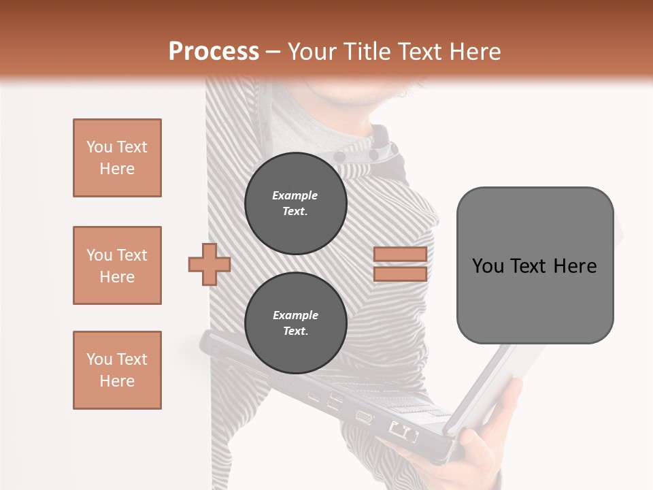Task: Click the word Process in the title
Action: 214,51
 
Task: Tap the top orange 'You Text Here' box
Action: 117,158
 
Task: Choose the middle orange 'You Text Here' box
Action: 117,265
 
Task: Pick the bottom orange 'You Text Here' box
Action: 117,370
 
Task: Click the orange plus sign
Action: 210,263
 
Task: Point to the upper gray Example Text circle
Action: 296,203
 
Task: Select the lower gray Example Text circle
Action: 296,323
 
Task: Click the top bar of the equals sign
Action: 400,255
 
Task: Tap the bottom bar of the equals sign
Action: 400,274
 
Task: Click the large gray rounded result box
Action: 535,265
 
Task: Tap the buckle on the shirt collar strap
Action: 393,148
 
